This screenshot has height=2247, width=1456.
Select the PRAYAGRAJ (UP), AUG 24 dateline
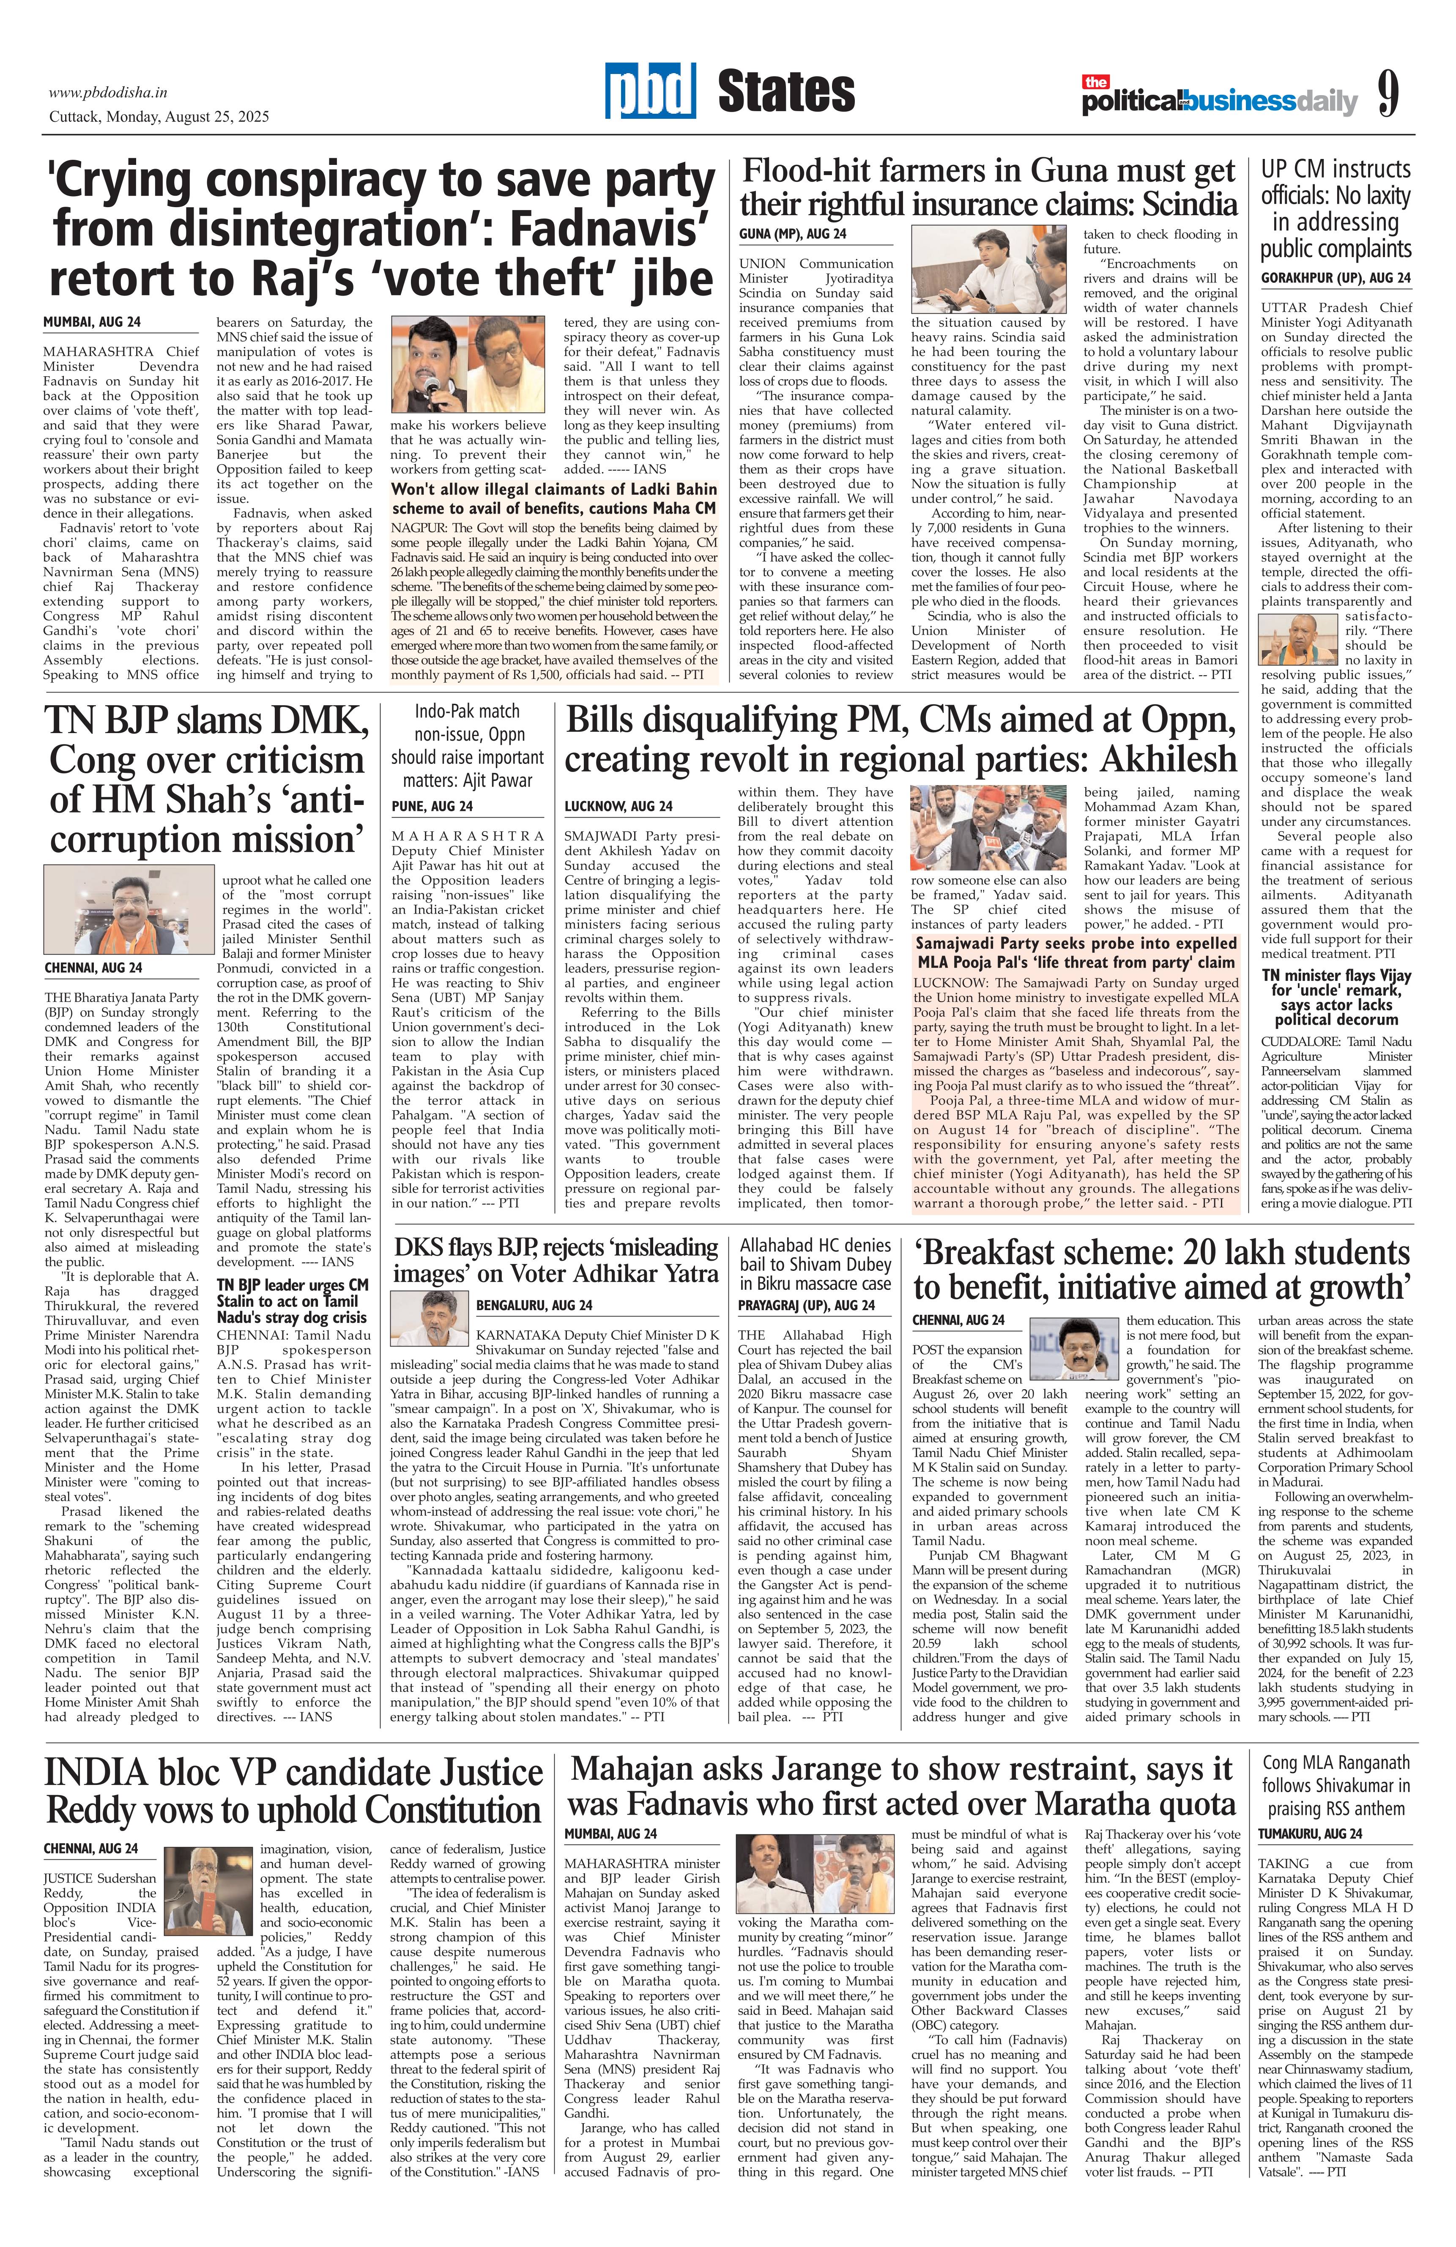pos(806,1305)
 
